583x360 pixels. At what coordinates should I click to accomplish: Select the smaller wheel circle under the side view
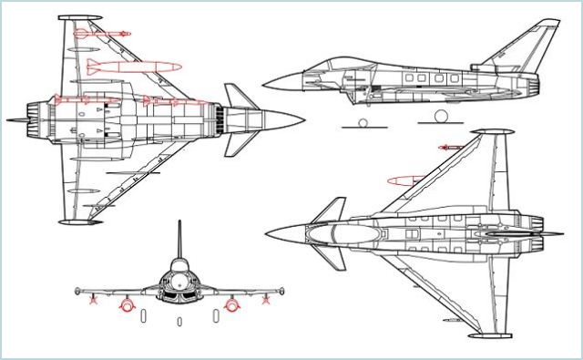point(362,123)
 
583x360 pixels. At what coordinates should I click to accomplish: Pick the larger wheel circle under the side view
point(443,117)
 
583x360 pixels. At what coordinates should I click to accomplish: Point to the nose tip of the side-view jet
point(265,87)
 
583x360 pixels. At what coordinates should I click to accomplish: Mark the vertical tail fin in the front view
point(179,242)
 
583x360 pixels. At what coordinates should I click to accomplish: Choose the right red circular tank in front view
point(233,304)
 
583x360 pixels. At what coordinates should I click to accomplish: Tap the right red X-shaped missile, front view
point(266,298)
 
